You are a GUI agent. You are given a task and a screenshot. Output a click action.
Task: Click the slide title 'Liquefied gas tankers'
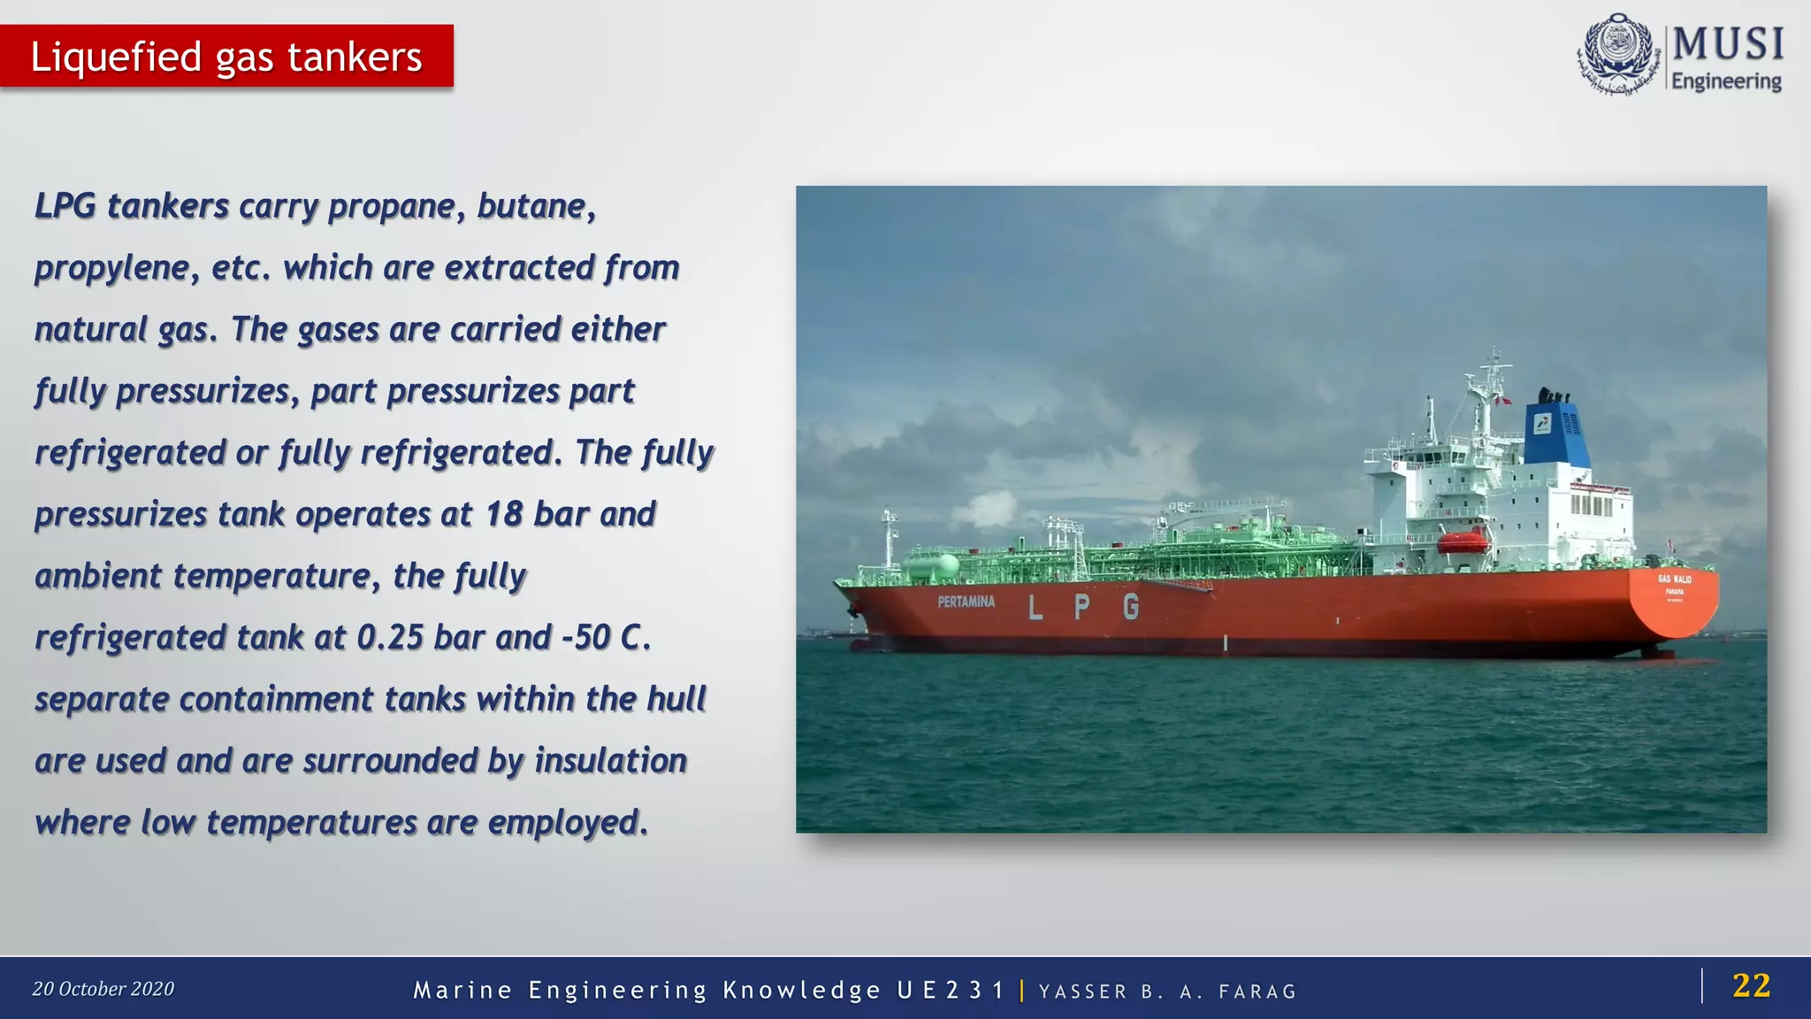coord(226,57)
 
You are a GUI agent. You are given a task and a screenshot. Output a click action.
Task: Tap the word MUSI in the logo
coord(1728,44)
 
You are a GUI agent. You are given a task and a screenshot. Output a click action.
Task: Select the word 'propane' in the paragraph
coord(392,206)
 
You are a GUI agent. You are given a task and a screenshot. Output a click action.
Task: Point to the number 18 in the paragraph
coord(504,514)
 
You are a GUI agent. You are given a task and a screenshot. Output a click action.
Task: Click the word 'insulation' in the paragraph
coord(610,761)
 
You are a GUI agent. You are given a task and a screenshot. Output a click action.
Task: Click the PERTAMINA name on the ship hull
coord(966,601)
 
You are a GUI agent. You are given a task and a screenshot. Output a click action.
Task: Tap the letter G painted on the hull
coord(1131,607)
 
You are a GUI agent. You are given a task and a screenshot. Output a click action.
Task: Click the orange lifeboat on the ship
coord(1463,540)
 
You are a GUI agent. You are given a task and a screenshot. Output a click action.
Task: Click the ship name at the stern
coord(1674,579)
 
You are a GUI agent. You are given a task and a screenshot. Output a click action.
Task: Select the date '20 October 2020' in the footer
coord(103,989)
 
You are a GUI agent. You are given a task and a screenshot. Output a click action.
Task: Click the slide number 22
coord(1751,985)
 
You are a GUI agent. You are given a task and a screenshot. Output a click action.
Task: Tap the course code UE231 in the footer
coord(951,990)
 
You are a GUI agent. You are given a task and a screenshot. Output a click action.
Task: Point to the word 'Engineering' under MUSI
coord(1726,81)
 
